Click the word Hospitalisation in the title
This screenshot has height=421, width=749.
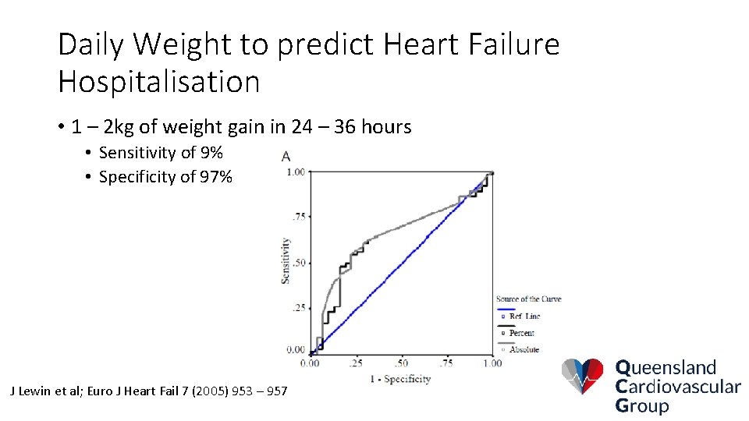coord(158,81)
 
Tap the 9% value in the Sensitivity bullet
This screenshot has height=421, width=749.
coord(211,152)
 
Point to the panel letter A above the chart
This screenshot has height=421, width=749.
coord(287,155)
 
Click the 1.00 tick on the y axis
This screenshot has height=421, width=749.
coord(296,172)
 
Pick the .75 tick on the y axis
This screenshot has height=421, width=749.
coord(298,217)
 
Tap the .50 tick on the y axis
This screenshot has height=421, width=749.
coord(298,263)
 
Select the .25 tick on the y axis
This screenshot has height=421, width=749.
coord(298,308)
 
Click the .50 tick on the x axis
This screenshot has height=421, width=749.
coord(401,363)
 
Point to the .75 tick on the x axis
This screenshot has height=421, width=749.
coord(446,363)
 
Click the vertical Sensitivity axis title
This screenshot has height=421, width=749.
coord(286,260)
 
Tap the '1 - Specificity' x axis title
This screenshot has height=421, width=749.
coord(400,379)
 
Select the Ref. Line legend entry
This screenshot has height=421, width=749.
coord(524,317)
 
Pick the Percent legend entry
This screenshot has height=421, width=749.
coord(521,333)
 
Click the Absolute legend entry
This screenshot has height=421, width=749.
coord(524,349)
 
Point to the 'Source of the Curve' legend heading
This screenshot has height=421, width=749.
coord(528,299)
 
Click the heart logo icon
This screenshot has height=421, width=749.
coord(582,377)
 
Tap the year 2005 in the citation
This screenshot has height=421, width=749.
coord(179,390)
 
